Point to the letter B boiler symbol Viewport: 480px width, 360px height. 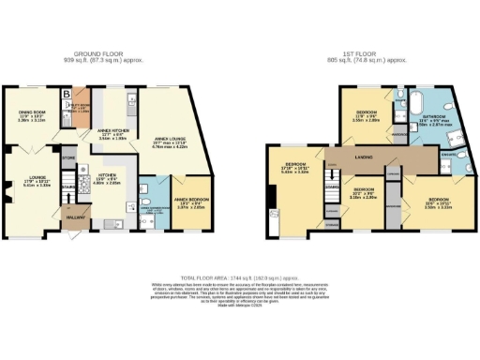[66, 94]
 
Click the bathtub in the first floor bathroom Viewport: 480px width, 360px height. [419, 99]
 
